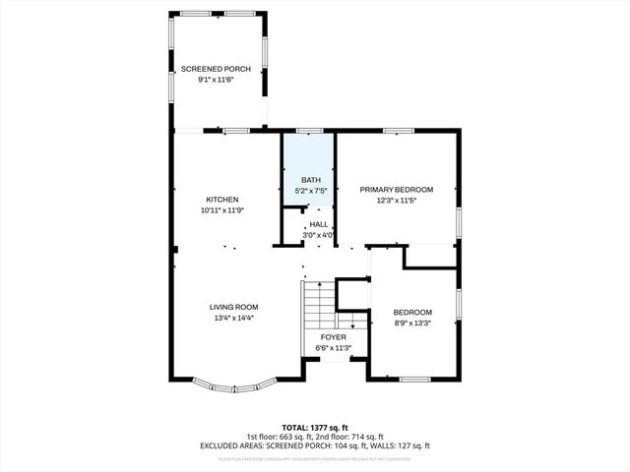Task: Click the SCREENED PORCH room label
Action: click(216, 69)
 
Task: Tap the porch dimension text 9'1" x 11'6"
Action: click(216, 79)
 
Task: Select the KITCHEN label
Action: click(221, 200)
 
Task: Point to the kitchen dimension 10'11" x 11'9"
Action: click(221, 209)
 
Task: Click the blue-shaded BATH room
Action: click(310, 167)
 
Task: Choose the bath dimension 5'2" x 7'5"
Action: click(311, 190)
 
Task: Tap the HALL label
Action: click(319, 224)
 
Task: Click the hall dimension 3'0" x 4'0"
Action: click(319, 235)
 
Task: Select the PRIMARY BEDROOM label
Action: click(397, 189)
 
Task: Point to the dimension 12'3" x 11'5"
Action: click(397, 200)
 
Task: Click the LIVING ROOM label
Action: click(233, 307)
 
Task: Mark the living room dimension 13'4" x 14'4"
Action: click(233, 318)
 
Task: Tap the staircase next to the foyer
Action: click(321, 305)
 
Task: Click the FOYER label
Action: click(333, 336)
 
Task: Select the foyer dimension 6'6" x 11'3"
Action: click(333, 346)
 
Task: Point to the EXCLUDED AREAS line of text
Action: click(315, 445)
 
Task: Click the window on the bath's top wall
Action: click(310, 130)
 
